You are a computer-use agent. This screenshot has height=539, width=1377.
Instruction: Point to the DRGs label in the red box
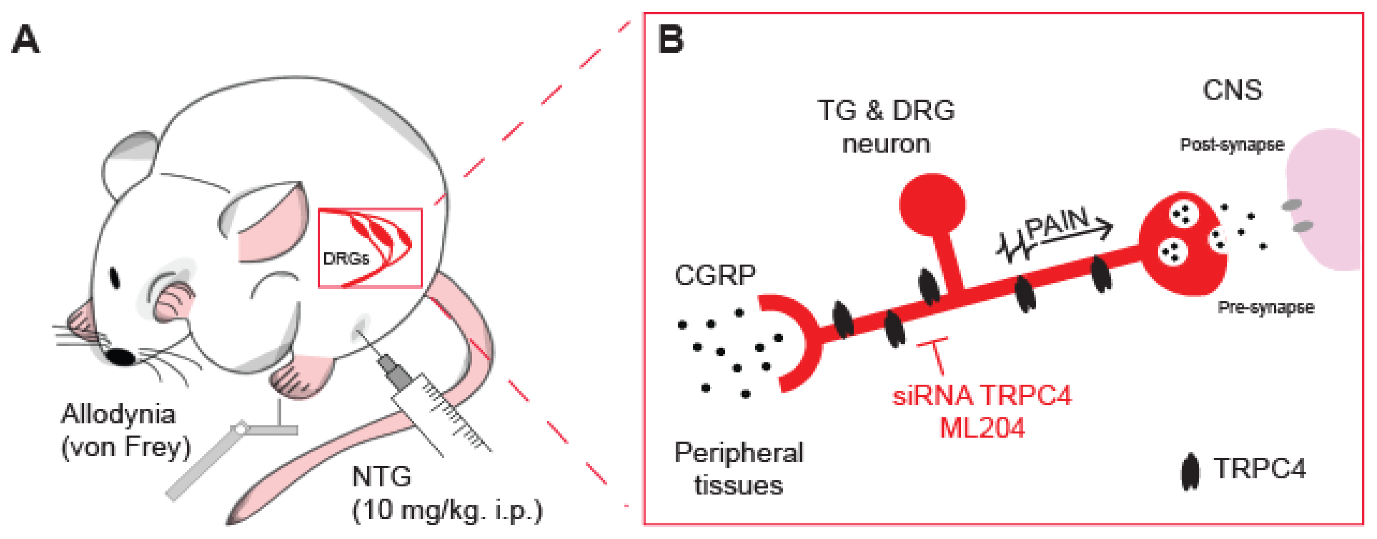(x=346, y=259)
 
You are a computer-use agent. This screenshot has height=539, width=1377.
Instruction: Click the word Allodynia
(x=118, y=414)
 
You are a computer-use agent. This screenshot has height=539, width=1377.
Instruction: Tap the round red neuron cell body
(x=932, y=204)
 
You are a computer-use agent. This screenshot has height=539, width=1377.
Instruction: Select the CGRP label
(x=715, y=275)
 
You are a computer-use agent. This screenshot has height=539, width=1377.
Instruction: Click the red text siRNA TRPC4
(x=982, y=396)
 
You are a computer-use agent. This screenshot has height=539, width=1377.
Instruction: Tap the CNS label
(x=1232, y=90)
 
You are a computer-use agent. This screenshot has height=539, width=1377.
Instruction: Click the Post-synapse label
(x=1231, y=144)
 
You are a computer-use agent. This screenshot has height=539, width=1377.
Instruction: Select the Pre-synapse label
(x=1265, y=308)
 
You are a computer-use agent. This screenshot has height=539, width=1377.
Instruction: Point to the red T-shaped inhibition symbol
(x=934, y=353)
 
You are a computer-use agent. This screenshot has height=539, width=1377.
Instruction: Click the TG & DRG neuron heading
(x=886, y=127)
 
